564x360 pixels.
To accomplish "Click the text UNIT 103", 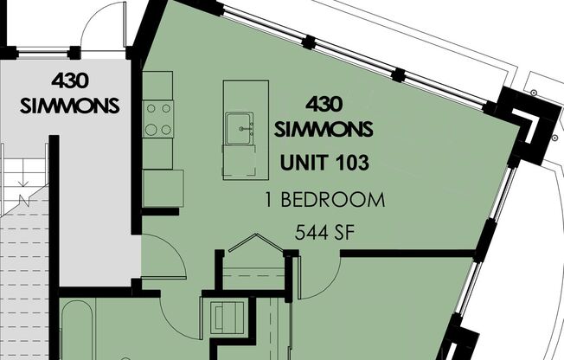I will point(324,162).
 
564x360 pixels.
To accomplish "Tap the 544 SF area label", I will point(324,231).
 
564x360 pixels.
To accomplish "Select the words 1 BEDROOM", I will point(324,201).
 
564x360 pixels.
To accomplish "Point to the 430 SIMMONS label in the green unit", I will point(324,116).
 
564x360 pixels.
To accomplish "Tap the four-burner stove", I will point(158,119).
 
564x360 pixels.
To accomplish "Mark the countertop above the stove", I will point(158,84).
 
